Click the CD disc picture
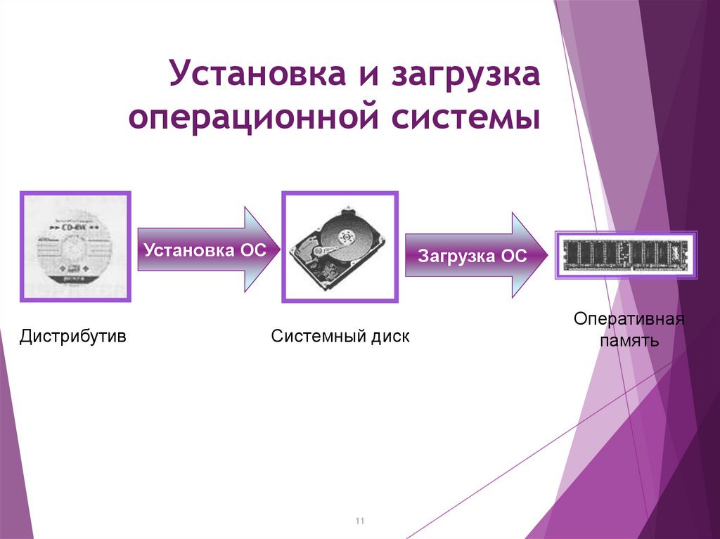pos(75,247)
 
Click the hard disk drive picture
pos(340,247)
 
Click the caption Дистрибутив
pos(73,337)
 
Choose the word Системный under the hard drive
pos(317,337)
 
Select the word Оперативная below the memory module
pos(629,320)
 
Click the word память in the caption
pos(629,342)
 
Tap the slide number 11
pos(360,521)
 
